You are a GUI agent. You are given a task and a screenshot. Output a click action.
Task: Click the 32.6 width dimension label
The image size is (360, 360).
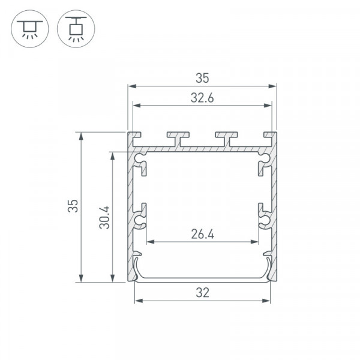(202, 98)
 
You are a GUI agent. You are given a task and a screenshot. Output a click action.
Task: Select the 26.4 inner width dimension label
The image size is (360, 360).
(203, 235)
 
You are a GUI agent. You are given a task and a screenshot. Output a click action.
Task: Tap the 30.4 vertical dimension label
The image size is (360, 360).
(104, 217)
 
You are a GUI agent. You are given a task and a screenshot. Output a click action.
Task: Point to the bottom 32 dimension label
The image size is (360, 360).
(203, 293)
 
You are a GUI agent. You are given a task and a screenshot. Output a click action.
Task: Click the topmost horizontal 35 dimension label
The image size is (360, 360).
(202, 78)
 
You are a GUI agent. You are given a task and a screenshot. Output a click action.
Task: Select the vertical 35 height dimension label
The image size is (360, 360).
(73, 206)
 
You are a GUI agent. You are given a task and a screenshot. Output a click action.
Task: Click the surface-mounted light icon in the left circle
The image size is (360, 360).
(30, 29)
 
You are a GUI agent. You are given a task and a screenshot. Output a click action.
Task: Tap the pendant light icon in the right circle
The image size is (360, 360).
(76, 29)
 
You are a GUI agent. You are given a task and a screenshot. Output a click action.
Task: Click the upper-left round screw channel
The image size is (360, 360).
(139, 158)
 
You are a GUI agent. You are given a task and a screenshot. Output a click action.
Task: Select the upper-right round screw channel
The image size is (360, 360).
(265, 158)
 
